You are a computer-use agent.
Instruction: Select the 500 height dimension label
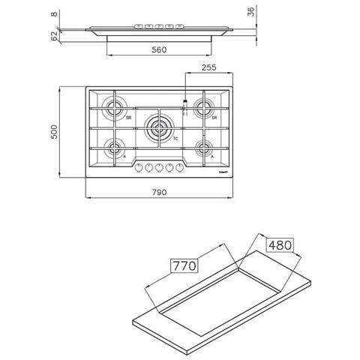pos(66,131)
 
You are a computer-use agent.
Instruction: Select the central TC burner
pos(157,127)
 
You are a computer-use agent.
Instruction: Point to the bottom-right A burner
pos(202,147)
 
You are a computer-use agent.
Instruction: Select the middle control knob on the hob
pos(159,167)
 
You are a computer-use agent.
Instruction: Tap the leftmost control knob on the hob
pos(139,167)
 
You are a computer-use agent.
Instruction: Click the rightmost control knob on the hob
pos(179,167)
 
